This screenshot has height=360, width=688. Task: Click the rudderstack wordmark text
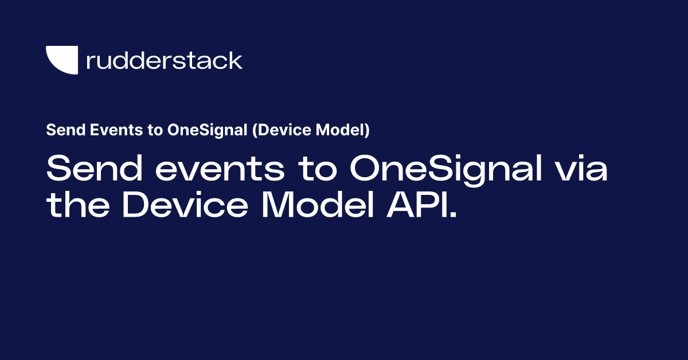click(165, 60)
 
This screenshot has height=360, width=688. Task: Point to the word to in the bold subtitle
click(155, 130)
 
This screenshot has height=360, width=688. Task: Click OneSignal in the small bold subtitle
click(208, 130)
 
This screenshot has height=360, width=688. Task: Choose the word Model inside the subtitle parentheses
click(340, 130)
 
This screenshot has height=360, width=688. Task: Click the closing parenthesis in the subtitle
click(367, 130)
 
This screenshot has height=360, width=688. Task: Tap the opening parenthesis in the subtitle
click(255, 130)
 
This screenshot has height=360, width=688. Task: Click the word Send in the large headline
click(95, 168)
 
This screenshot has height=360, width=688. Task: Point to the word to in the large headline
click(318, 169)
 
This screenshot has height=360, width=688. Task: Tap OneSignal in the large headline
click(446, 170)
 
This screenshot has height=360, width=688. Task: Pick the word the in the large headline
click(78, 204)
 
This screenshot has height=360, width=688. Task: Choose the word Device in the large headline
click(185, 204)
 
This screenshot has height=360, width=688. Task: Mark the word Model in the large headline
click(318, 204)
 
